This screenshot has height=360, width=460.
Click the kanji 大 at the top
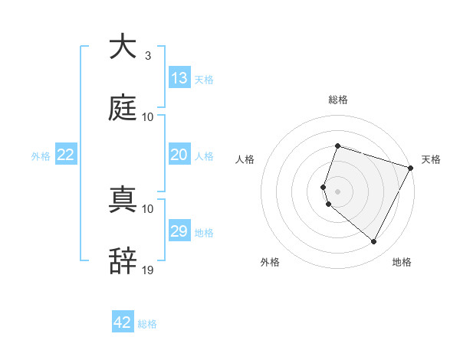(x=123, y=47)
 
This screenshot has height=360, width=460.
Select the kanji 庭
(x=123, y=108)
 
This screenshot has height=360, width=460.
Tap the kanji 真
(x=123, y=200)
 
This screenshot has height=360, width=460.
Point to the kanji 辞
(x=123, y=261)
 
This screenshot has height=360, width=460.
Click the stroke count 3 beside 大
(x=147, y=56)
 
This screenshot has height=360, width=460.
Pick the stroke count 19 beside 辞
(x=148, y=270)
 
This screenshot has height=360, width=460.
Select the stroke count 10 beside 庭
(x=148, y=116)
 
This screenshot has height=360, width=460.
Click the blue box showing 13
(x=179, y=78)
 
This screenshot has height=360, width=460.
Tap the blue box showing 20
(x=179, y=155)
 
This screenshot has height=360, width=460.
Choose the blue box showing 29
(x=179, y=231)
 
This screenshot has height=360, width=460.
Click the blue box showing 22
(x=66, y=155)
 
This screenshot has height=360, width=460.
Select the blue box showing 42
(x=123, y=322)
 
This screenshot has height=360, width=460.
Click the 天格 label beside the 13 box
(x=204, y=80)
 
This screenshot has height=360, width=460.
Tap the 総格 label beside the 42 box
(x=147, y=324)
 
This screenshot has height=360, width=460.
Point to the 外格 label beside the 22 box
(x=41, y=156)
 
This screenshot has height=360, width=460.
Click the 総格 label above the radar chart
(x=337, y=100)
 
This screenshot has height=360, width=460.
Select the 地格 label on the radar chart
(x=402, y=262)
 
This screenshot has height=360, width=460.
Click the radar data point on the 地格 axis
(x=374, y=242)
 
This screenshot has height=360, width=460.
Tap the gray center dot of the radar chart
(x=337, y=191)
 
